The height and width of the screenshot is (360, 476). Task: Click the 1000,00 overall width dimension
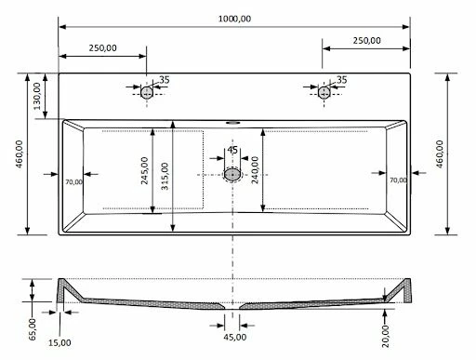tap(234, 19)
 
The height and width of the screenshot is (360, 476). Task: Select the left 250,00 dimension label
tap(103, 48)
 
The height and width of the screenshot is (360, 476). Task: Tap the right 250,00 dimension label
tap(366, 40)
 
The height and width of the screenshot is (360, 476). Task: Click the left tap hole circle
tap(147, 92)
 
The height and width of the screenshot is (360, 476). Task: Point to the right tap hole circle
tap(324, 92)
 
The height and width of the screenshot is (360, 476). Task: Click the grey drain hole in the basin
tap(232, 175)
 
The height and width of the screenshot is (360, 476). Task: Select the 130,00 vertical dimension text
tap(37, 96)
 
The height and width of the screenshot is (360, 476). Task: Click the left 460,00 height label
tap(20, 154)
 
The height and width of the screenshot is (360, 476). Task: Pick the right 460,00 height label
tap(440, 154)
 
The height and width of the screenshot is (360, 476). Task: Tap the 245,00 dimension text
tap(145, 171)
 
